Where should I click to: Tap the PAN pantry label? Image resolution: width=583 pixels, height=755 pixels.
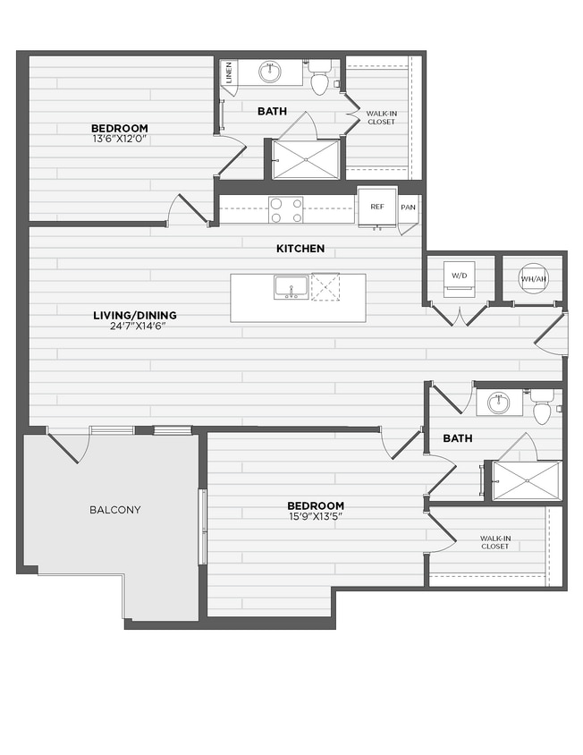[408, 208]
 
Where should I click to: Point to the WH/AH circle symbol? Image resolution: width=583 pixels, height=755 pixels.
[532, 278]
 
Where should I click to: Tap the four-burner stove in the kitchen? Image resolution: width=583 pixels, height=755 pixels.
[285, 209]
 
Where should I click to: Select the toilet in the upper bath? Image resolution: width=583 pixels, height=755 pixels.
[320, 79]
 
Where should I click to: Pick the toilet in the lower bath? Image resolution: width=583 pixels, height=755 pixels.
[542, 407]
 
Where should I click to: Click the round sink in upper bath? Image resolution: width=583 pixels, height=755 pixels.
[269, 72]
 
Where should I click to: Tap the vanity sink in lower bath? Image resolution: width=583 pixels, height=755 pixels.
[494, 403]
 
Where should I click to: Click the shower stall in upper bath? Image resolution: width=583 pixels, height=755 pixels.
[306, 159]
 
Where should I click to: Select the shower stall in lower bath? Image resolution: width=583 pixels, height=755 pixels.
[527, 479]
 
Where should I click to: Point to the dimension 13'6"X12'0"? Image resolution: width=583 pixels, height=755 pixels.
[118, 139]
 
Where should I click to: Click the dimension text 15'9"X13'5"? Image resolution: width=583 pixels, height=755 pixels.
[316, 516]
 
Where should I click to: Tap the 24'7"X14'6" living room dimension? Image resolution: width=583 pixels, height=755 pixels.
[135, 326]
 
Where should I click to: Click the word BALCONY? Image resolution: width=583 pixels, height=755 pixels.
[114, 510]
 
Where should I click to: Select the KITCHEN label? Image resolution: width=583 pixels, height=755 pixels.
[300, 248]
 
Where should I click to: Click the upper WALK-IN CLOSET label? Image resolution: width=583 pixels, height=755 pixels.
[381, 117]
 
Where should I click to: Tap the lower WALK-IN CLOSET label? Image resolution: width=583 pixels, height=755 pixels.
[494, 542]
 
